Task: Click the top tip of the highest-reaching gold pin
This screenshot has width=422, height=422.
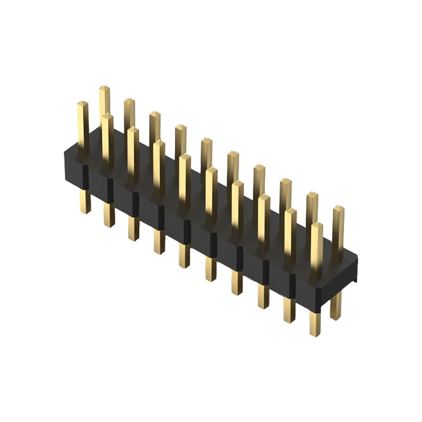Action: [x=104, y=89]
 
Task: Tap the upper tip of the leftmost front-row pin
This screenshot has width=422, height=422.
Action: [x=82, y=104]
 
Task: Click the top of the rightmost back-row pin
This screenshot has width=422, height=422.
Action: [x=338, y=209]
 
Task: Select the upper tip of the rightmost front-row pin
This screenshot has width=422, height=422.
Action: [x=316, y=226]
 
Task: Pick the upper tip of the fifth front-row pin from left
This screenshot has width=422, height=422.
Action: [x=184, y=157]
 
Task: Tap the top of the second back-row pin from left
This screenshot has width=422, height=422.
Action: [x=129, y=101]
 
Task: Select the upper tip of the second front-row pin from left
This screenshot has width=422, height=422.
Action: [x=107, y=117]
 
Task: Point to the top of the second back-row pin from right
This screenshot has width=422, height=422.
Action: [x=312, y=195]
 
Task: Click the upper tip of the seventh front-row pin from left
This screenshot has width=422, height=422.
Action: [x=237, y=184]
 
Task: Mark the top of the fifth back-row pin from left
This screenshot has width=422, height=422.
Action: [x=206, y=141]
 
